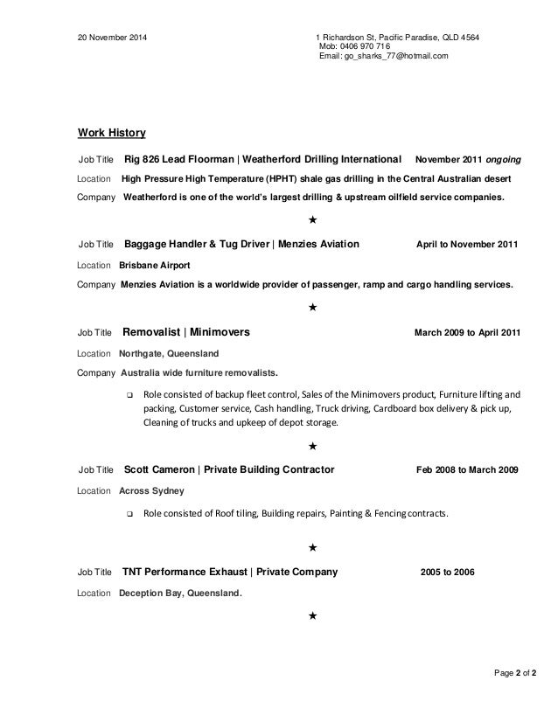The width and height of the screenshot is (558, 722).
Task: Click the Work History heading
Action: (112, 133)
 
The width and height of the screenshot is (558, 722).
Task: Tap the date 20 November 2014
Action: (113, 38)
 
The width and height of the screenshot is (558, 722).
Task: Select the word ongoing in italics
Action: (505, 161)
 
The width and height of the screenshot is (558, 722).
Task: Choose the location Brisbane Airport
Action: (154, 264)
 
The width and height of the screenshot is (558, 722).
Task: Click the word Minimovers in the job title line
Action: (220, 333)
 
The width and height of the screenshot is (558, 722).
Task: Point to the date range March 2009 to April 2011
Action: (465, 334)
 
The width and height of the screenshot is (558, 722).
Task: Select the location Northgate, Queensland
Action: (169, 353)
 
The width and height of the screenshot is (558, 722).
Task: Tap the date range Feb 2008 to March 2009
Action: (467, 470)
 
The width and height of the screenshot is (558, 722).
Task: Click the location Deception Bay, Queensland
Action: (180, 594)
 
